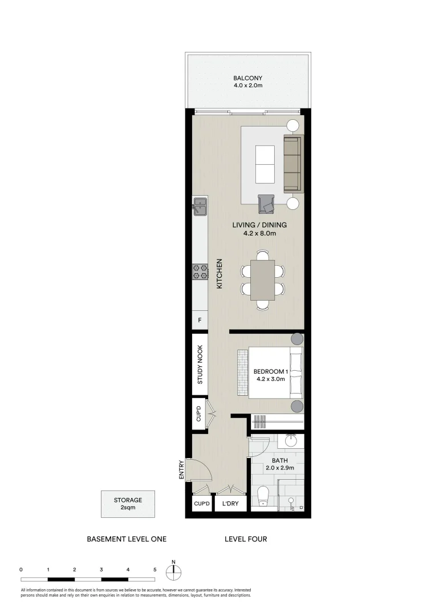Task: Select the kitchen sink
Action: click(x=200, y=205)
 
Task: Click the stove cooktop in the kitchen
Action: click(x=200, y=271)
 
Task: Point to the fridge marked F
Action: click(x=200, y=320)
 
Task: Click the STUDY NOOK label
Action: click(x=200, y=365)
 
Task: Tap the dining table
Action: click(x=262, y=279)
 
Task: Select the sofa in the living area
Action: click(x=292, y=164)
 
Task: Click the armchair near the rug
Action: click(x=266, y=203)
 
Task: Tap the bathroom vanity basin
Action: click(x=291, y=440)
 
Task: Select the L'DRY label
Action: click(x=231, y=504)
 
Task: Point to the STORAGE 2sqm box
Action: click(x=128, y=504)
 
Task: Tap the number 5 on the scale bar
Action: click(x=155, y=569)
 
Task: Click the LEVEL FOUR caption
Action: click(x=246, y=539)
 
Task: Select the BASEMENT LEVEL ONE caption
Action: click(x=126, y=539)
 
